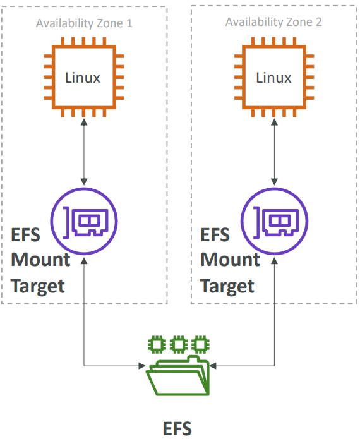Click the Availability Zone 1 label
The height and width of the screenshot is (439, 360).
click(84, 23)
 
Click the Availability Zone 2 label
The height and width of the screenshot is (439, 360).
click(273, 22)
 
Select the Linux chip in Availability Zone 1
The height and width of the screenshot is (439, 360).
click(83, 78)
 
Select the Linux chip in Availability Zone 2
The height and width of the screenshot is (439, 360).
click(273, 78)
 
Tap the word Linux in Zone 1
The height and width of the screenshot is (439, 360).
click(83, 78)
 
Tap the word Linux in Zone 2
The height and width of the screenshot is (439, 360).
click(273, 78)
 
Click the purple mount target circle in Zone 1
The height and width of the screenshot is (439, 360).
click(84, 220)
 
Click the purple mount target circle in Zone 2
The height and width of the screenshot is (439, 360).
click(274, 220)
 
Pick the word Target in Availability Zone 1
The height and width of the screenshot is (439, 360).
click(38, 286)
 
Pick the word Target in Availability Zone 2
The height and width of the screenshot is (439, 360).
click(227, 286)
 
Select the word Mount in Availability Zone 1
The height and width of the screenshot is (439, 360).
click(40, 260)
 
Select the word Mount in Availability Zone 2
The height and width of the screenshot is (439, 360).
click(230, 260)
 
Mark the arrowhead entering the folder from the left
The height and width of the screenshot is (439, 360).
click(141, 366)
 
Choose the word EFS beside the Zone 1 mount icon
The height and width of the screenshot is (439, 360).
click(26, 235)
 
